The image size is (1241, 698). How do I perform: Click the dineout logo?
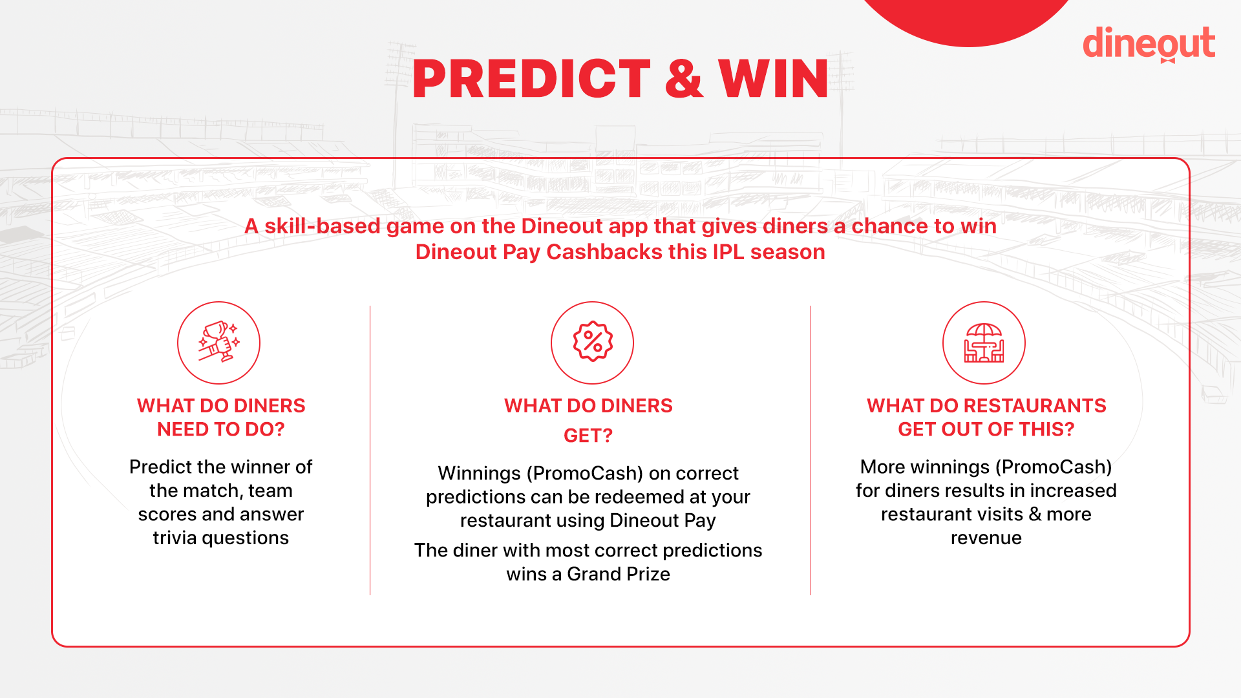click(1149, 44)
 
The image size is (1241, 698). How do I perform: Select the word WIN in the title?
click(773, 79)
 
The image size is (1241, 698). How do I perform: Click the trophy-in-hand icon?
click(219, 343)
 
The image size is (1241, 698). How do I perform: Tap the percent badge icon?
click(592, 343)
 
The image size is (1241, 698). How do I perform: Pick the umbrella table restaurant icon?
click(984, 343)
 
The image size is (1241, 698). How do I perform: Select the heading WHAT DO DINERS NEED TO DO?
click(221, 418)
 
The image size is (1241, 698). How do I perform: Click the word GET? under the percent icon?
click(588, 436)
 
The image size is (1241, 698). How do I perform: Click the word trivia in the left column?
click(175, 538)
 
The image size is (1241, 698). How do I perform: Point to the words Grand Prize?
click(619, 574)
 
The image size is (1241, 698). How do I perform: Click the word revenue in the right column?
click(986, 538)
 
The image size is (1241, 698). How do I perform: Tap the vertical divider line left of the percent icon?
click(370, 450)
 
